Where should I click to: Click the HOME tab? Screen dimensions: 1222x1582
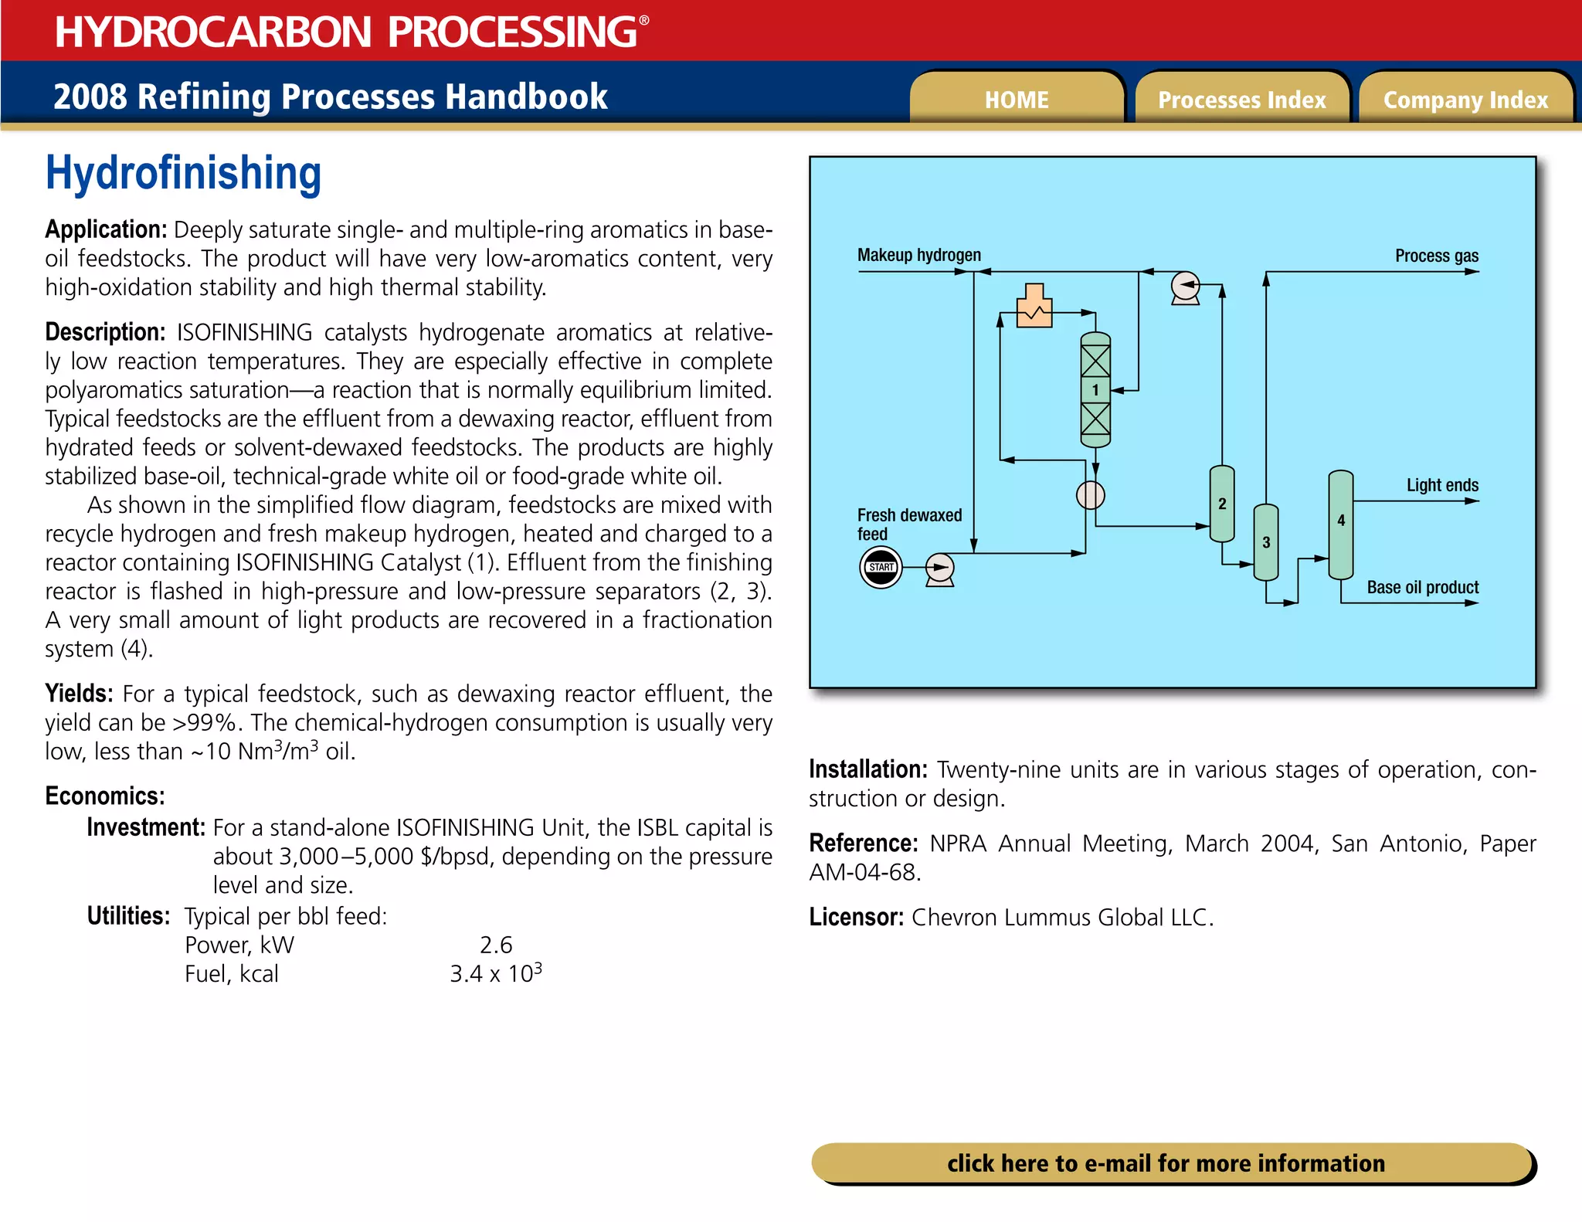1016,100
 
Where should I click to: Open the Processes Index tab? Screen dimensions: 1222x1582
1241,100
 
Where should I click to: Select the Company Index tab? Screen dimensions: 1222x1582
1465,100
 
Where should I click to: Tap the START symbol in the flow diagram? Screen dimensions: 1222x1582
881,568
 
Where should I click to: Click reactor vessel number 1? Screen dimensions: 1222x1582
1095,390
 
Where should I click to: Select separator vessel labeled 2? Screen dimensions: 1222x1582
1221,504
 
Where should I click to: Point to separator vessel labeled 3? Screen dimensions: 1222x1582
1265,542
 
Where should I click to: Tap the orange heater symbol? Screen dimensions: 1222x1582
1034,307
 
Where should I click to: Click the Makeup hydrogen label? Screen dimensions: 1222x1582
918,255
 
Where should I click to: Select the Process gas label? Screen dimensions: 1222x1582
1436,256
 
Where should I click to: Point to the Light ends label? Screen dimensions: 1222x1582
1441,485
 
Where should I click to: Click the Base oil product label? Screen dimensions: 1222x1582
1422,587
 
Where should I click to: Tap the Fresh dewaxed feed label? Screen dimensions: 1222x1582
908,524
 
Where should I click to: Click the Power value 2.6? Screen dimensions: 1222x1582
496,945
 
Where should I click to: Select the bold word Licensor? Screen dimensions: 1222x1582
856,917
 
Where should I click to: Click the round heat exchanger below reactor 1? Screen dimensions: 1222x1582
1090,494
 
